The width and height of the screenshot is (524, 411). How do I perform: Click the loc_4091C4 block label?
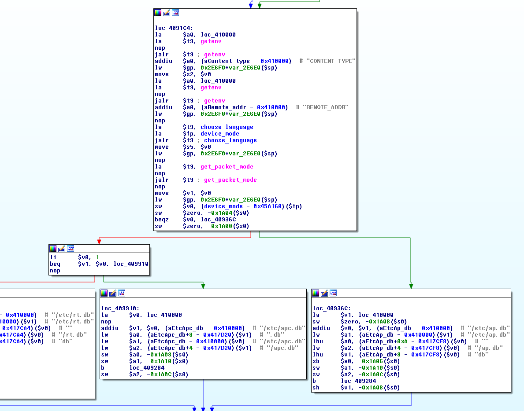tap(174, 28)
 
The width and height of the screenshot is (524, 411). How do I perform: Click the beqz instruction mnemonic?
tap(162, 220)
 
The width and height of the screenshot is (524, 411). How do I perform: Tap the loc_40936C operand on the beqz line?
tap(218, 220)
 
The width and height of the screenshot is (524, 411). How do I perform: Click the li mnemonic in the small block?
tap(53, 257)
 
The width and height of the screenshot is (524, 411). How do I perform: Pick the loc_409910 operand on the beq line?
tap(131, 264)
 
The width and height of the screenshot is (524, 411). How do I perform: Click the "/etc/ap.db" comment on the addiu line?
tap(489, 328)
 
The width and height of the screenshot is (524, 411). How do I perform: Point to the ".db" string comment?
tap(275, 334)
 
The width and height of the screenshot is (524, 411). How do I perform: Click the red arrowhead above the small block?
tap(99, 242)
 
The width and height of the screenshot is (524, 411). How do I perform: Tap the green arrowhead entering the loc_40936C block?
tap(411, 286)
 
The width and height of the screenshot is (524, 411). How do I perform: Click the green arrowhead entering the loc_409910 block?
tap(203, 286)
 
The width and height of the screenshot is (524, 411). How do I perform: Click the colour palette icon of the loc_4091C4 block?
tap(158, 13)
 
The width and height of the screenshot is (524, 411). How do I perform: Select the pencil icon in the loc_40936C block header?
tap(324, 293)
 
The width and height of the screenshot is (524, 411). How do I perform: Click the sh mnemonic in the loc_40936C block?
tap(316, 388)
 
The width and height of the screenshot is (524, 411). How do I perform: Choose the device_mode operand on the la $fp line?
tap(220, 134)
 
